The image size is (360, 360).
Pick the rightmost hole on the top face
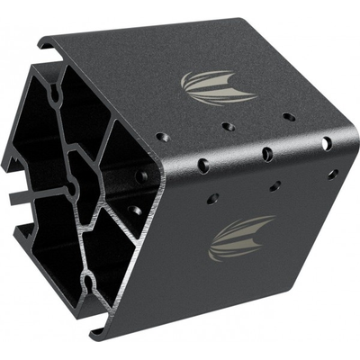[288, 117]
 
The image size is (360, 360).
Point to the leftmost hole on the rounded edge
[203, 165]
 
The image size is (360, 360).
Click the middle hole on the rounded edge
[267, 154]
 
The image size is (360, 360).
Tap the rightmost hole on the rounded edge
[326, 143]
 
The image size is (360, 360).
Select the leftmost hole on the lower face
[212, 198]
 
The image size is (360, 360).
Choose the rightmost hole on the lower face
[332, 173]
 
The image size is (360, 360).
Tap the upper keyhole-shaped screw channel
[55, 92]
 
